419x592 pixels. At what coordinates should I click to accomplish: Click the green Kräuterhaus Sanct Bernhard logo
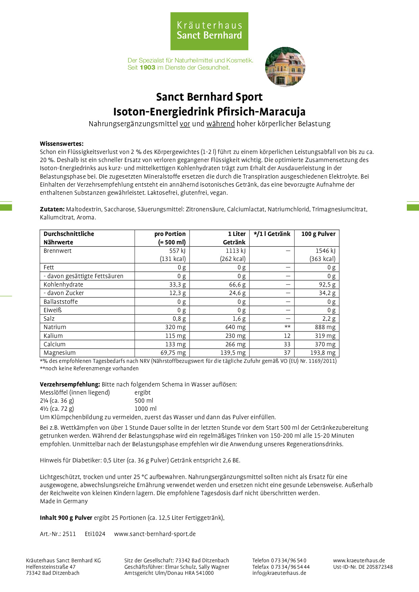(209, 31)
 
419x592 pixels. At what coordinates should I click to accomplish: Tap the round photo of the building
(285, 67)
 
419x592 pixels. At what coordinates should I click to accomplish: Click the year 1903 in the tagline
(147, 68)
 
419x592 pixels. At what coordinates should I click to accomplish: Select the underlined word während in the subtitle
(220, 124)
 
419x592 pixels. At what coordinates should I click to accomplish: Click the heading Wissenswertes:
(61, 144)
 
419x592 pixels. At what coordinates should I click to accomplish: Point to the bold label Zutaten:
(52, 209)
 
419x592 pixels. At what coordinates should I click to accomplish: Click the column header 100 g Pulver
(318, 234)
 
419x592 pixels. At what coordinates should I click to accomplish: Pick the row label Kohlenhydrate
(63, 285)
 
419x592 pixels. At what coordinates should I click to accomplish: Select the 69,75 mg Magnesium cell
(173, 353)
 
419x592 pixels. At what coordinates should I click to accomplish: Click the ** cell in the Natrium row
(287, 327)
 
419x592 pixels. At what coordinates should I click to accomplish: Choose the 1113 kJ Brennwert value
(236, 251)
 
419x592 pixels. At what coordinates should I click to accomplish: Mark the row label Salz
(49, 319)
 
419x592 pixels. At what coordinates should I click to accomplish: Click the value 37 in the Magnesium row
(287, 353)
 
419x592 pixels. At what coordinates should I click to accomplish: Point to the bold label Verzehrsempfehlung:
(70, 384)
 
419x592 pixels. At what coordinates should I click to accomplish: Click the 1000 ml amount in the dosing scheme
(145, 409)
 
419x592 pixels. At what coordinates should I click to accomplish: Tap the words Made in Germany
(64, 501)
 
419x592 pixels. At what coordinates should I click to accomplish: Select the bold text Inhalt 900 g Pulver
(66, 518)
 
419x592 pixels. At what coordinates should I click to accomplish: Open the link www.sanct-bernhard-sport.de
(155, 534)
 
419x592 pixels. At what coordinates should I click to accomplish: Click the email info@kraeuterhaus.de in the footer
(279, 573)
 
